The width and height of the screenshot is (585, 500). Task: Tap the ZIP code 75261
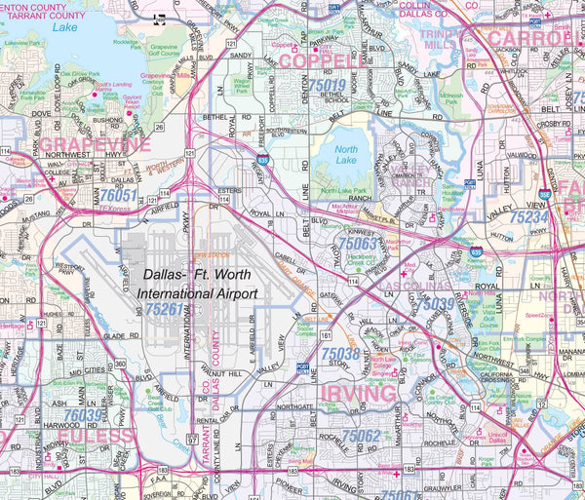coord(165,309)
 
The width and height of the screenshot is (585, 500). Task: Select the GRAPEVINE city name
coord(95,145)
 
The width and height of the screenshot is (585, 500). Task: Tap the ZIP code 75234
coord(528,217)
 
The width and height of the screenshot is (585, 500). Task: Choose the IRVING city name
coord(345,391)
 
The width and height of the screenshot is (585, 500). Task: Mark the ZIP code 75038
coord(340,354)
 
